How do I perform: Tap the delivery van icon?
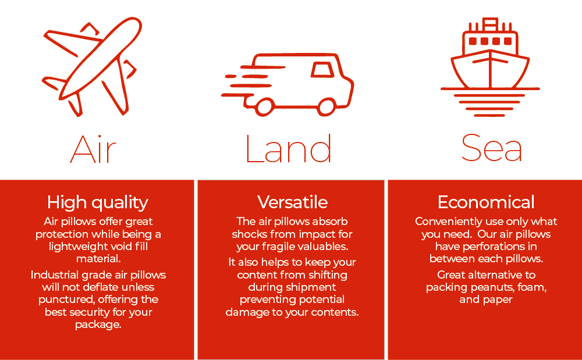[x=288, y=84]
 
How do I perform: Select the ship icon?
[x=490, y=67]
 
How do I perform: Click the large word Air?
[x=93, y=149]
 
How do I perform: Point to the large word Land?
[x=289, y=148]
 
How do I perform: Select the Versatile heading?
[x=293, y=202]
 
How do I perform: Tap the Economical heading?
[x=486, y=202]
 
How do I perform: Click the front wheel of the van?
[x=327, y=107]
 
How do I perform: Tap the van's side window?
[x=322, y=70]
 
